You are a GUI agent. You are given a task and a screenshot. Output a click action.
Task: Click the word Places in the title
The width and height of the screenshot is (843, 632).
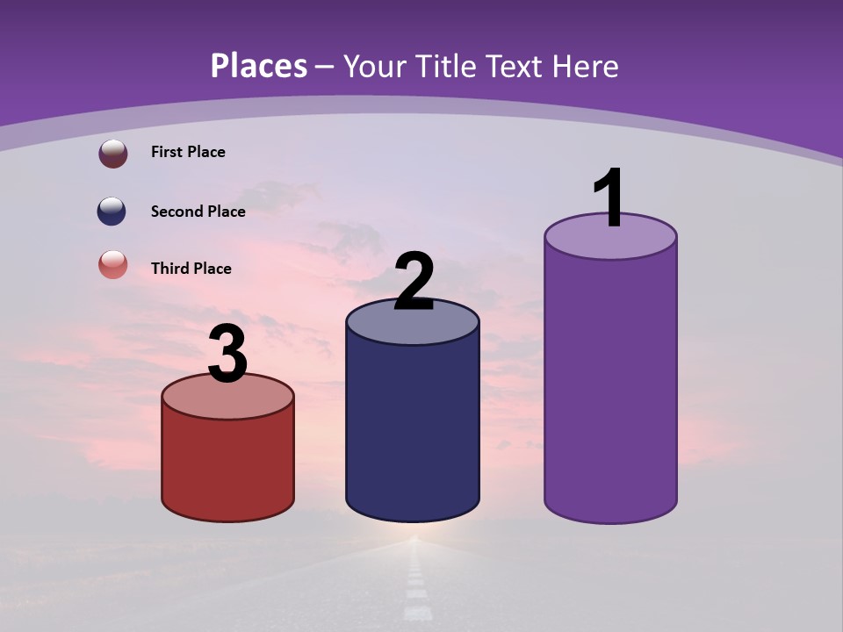[259, 66]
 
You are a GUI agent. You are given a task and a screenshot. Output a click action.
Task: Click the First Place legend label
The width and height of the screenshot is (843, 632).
[188, 152]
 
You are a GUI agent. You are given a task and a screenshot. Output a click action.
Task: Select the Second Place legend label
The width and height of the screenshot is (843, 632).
[198, 212]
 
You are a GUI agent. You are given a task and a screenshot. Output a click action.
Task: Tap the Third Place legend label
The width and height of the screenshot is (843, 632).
[191, 269]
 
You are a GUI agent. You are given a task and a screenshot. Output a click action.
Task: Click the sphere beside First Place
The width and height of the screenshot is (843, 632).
[113, 154]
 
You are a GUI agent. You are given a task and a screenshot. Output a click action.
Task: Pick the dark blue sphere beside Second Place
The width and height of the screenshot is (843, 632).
[112, 212]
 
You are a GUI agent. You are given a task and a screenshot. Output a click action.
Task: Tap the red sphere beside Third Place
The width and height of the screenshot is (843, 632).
[113, 264]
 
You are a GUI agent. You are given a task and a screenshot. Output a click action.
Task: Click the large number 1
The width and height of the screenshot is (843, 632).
[609, 199]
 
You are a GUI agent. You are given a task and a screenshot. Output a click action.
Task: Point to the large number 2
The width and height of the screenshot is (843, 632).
[414, 282]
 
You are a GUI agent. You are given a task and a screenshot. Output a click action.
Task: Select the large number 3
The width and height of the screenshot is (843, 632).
[228, 355]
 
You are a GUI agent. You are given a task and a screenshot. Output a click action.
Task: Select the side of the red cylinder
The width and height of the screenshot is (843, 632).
[228, 465]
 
